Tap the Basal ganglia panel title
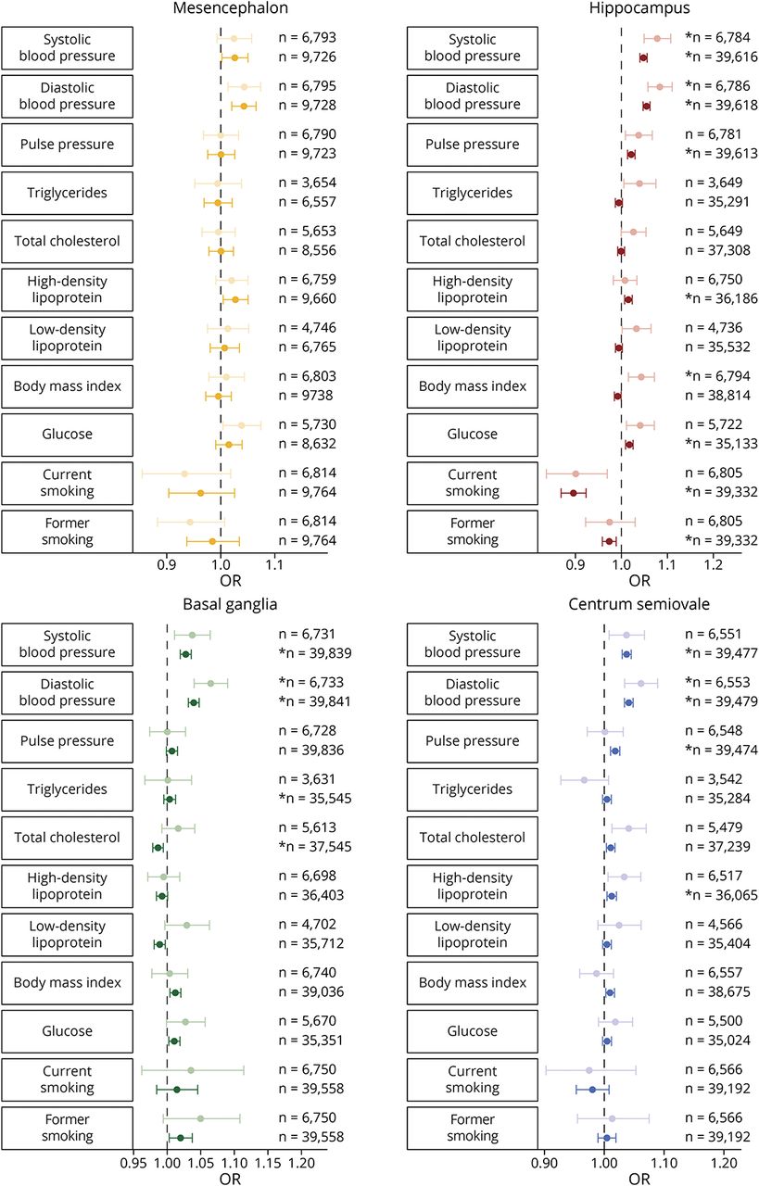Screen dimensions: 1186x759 coord(221,604)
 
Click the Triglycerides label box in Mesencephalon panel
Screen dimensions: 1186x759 coord(67,194)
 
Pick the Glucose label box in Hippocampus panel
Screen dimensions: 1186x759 coord(473,435)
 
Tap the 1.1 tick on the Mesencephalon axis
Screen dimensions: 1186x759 coord(273,561)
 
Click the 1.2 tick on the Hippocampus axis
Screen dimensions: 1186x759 coord(713,561)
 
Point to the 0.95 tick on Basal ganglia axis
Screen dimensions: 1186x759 coord(133,1159)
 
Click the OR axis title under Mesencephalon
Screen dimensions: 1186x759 coord(220,581)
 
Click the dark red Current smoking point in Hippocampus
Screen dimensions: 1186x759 coord(573,492)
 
